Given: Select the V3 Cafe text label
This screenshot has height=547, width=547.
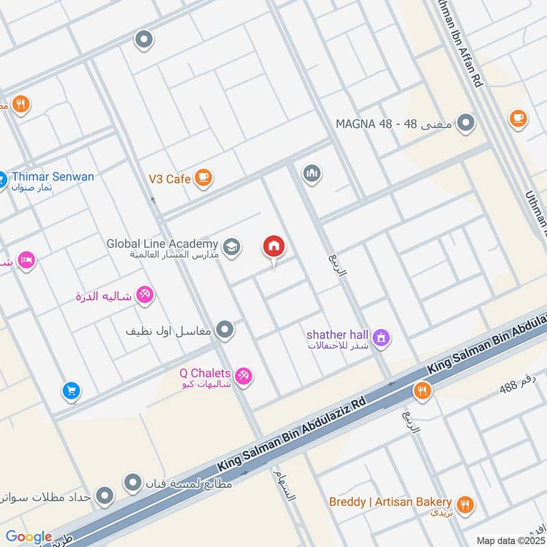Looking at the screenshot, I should point(169,178).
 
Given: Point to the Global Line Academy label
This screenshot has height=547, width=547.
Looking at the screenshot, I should point(162,243).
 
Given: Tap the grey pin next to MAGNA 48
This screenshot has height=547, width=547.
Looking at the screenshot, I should point(466,124).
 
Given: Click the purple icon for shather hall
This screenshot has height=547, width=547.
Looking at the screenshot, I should point(381,336).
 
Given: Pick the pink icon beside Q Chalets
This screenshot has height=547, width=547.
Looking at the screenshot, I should point(243,375).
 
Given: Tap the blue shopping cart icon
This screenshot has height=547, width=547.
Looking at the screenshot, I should point(70,391).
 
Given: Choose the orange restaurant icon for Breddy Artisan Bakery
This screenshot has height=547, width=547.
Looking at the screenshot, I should point(466,505).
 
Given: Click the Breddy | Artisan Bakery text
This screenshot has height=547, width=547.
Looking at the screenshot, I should point(390,502).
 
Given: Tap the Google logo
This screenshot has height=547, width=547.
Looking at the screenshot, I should point(29,537).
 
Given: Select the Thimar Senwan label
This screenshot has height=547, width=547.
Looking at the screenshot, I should point(51,176).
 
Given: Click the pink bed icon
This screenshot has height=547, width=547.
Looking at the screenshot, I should point(27,261).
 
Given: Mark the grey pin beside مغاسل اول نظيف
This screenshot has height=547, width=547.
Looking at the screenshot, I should point(224,331).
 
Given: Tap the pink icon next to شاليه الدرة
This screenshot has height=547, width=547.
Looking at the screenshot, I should point(144,295).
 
